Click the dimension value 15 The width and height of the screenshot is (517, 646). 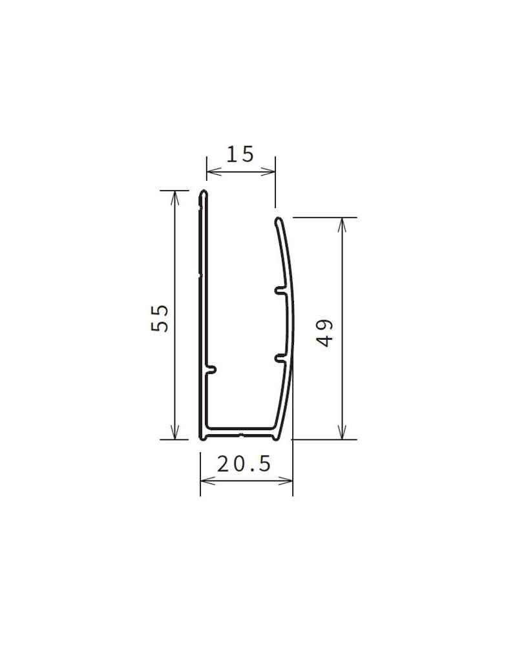click(x=240, y=154)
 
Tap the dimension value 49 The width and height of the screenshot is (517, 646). click(x=326, y=333)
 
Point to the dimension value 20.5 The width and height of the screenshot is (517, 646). click(x=244, y=464)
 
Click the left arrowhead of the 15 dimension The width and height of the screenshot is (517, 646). click(x=213, y=172)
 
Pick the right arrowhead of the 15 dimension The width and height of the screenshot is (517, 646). click(x=268, y=172)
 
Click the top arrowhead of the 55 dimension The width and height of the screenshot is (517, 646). click(x=174, y=198)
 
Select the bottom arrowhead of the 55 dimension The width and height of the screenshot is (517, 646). click(x=174, y=432)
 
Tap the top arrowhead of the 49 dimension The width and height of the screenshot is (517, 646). click(x=342, y=225)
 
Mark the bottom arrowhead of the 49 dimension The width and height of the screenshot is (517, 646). click(x=342, y=432)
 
